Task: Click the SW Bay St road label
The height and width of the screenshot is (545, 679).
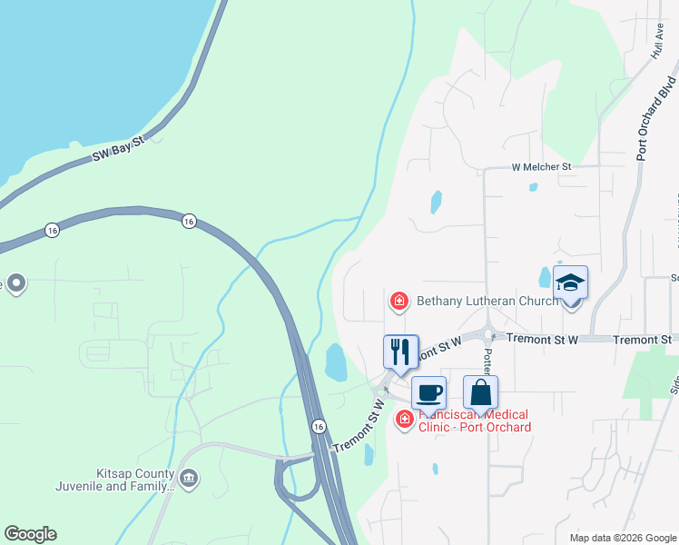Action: click(x=119, y=152)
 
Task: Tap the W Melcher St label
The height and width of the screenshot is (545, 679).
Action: click(x=541, y=167)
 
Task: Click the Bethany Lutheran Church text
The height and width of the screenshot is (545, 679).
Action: click(x=487, y=301)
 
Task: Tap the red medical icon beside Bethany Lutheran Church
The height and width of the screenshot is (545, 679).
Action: click(x=398, y=301)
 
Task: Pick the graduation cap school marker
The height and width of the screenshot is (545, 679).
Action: click(x=570, y=284)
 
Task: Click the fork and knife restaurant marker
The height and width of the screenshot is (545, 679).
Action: click(x=400, y=352)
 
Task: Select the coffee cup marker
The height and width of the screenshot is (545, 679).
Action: click(x=428, y=393)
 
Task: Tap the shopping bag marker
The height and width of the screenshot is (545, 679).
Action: click(x=480, y=393)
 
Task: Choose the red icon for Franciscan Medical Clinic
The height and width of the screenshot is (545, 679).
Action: click(x=403, y=419)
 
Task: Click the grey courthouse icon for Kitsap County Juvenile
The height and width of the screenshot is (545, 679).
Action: click(x=189, y=478)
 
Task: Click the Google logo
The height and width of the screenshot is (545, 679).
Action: click(x=30, y=534)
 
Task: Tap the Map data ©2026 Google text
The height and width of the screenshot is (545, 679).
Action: click(x=622, y=538)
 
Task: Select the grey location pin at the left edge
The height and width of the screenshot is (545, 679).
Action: click(x=15, y=283)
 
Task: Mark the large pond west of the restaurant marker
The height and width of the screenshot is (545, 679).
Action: click(x=335, y=362)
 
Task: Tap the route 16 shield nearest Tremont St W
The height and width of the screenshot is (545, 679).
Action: click(x=318, y=426)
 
